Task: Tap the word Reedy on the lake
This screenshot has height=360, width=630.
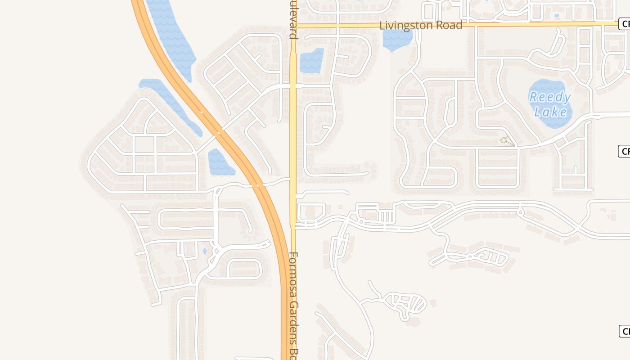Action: [550, 97]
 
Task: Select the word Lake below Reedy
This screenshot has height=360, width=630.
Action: [551, 111]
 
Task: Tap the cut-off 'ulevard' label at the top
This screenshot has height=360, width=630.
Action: [293, 20]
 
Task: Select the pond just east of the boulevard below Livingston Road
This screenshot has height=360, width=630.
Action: [311, 61]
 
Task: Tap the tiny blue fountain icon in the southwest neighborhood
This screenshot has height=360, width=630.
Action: [205, 251]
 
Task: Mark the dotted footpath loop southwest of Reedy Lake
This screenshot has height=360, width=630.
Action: [507, 141]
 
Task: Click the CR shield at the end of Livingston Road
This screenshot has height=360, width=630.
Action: [624, 24]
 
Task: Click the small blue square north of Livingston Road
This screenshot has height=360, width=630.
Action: [557, 16]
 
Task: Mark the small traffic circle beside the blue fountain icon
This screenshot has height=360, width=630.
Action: [215, 251]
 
